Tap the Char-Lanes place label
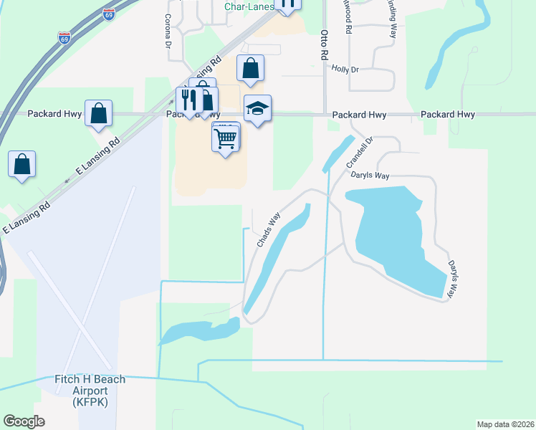[x=249, y=6]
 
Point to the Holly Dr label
[x=345, y=69]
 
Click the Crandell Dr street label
[x=360, y=153]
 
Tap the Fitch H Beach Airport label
[x=90, y=391]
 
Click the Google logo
[x=24, y=421]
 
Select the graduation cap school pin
[x=257, y=109]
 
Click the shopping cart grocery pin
[x=226, y=137]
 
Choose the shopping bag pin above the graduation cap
[x=250, y=69]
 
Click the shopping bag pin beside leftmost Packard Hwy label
[x=98, y=113]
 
